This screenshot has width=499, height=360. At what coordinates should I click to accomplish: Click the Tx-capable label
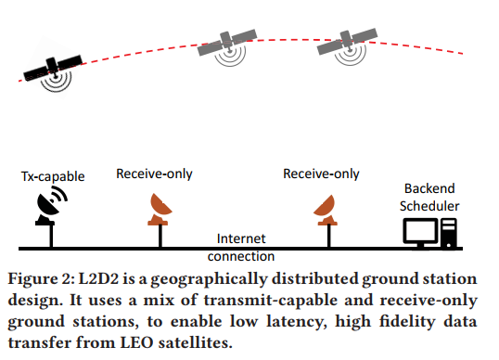51,176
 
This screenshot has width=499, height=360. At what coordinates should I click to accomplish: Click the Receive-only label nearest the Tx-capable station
155,174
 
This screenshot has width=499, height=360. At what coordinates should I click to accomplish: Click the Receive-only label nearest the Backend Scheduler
322,174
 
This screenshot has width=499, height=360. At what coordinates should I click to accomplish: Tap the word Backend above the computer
429,186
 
